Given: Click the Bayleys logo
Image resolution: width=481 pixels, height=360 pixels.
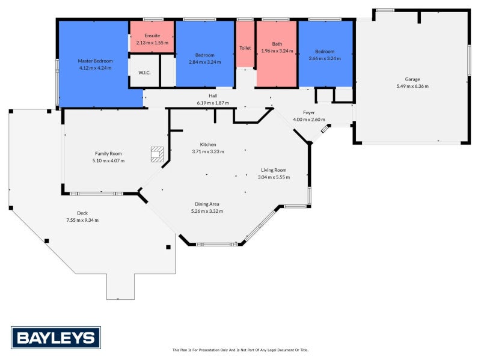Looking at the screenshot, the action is pos(56,338).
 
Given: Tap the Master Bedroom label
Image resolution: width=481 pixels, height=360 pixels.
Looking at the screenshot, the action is pos(95,61).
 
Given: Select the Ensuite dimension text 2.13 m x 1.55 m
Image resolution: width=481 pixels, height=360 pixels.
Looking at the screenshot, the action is pos(152,43).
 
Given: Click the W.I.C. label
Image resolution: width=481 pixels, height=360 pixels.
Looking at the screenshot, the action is pos(144,73).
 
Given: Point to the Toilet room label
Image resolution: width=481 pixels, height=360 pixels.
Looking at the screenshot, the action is pos(245,48).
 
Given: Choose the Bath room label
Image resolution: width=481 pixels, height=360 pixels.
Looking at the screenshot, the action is pos(277,44).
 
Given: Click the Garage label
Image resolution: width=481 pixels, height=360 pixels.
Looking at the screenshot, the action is pos(412,79).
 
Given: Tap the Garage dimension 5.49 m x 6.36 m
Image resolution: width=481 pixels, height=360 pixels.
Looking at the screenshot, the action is pos(412,86).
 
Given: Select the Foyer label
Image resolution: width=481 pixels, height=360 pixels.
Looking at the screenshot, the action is pos(309,112).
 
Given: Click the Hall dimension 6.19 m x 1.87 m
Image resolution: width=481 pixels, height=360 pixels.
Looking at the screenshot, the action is pos(213,103).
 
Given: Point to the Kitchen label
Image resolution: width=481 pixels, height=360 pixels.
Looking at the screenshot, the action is pos(208,144).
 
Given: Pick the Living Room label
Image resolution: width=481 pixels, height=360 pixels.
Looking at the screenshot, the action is pos(274,170).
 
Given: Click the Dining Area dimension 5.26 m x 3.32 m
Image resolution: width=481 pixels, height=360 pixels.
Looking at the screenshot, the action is pos(207,211).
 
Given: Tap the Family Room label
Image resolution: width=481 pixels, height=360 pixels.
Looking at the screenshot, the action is pos(108,153).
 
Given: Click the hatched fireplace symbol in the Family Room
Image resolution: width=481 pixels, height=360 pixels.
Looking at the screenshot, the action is pos(157,154).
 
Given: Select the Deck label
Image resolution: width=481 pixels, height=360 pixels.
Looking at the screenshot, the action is pos(82,213).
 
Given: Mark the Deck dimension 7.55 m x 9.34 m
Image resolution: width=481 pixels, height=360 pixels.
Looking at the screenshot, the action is pos(82,220).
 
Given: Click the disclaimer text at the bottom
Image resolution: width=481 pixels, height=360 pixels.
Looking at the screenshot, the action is pos(240,350).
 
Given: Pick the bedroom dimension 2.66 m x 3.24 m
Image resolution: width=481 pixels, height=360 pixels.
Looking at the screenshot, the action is pos(325,58).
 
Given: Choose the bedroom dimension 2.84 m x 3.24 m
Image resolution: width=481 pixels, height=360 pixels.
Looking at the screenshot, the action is pos(205,62).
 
